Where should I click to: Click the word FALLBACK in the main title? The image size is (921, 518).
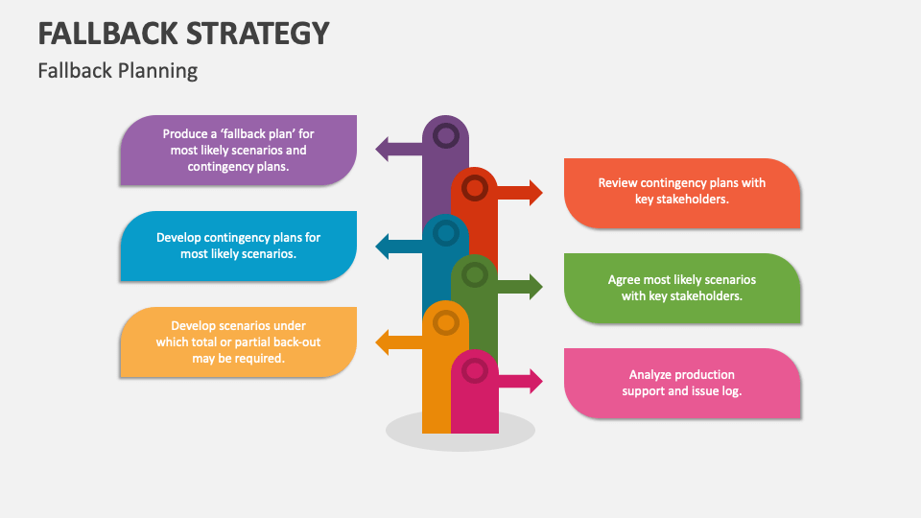coord(107,33)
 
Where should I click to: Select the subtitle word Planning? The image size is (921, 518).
coord(160,70)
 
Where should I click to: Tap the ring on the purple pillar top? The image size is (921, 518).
coord(445,136)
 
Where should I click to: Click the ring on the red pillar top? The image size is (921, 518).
coord(474,187)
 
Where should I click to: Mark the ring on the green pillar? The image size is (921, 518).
coord(474,276)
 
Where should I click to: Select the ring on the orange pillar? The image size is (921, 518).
coord(445,323)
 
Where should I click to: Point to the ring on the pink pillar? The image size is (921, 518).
coord(474,370)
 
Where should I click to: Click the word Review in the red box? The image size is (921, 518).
coord(617,182)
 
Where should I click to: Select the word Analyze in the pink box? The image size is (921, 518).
coord(650,374)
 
